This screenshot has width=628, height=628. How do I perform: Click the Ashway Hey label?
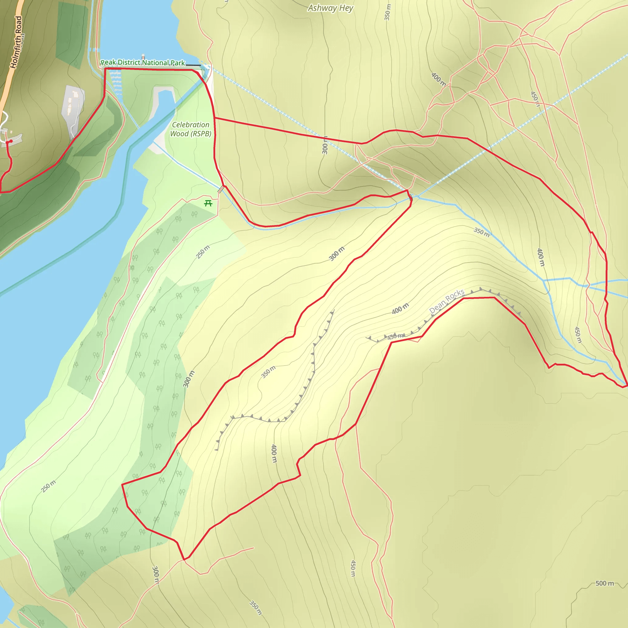330,8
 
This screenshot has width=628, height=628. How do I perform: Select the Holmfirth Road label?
17,42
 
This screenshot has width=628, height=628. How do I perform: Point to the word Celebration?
190,125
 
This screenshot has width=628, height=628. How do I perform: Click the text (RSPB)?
201,134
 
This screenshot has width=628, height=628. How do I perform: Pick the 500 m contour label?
605,583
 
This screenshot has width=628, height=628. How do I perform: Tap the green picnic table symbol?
208,204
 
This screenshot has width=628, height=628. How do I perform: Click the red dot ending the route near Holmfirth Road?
11,141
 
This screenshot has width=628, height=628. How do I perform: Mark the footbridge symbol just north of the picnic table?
221,189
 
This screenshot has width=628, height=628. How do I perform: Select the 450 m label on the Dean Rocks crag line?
396,336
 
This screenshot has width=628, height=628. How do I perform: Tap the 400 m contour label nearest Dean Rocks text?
400,308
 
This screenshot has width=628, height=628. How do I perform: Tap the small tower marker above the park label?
143,57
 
